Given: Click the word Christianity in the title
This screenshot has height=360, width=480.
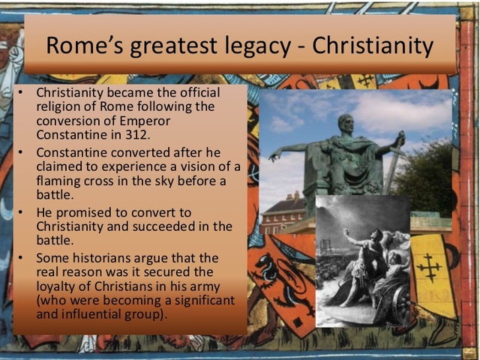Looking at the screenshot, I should coord(373,46).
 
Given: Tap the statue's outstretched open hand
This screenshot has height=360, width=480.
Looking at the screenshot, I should coord(275,154).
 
